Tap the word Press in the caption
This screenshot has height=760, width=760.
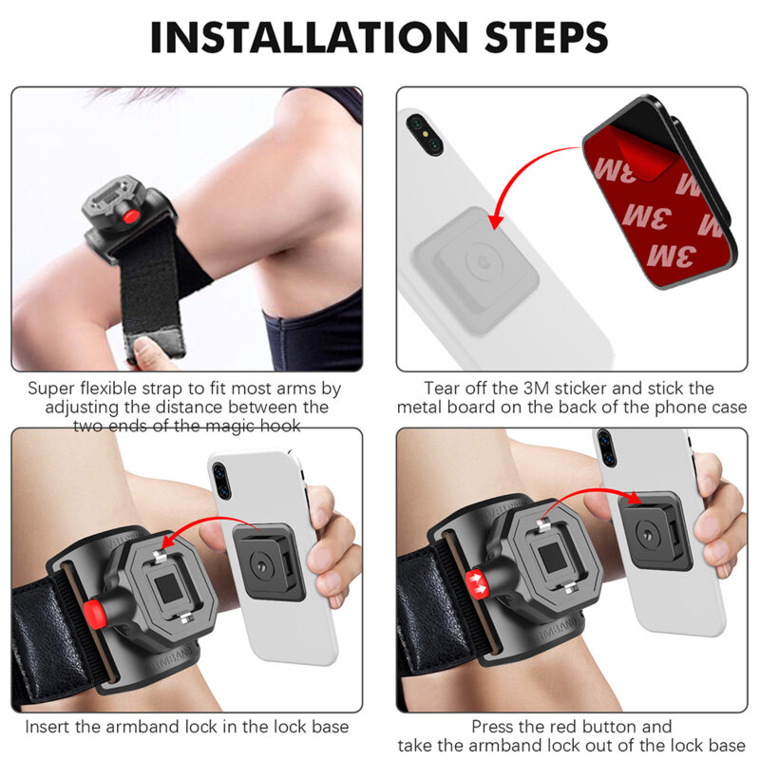coord(494,727)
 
